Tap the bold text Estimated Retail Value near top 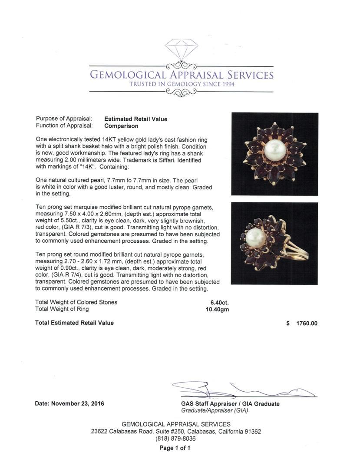point(135,119)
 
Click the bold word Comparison point(121,126)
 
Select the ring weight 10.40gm point(217,309)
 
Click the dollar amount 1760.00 point(307,323)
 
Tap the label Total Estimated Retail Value point(74,323)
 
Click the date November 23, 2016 point(77,403)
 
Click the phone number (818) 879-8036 point(175,439)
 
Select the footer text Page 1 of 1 point(175,448)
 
